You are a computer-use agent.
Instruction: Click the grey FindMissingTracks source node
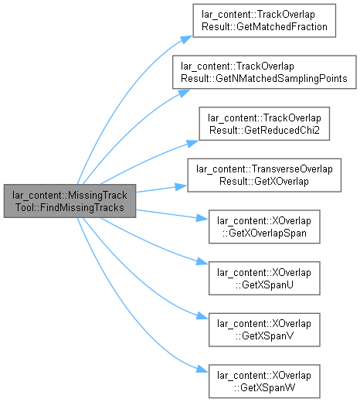point(70,201)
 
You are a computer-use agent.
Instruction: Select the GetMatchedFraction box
point(264,21)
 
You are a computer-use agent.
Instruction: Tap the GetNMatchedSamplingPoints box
point(264,72)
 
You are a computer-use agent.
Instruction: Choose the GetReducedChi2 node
point(264,124)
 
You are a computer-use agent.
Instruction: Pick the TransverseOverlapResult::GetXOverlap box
point(264,175)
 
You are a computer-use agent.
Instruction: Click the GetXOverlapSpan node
point(264,227)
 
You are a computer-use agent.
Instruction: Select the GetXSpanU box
point(264,278)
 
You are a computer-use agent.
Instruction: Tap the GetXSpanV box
point(264,330)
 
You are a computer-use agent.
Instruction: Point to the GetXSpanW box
point(264,381)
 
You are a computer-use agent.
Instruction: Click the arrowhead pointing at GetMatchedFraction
point(186,39)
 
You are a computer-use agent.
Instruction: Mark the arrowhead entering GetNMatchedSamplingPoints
point(184,93)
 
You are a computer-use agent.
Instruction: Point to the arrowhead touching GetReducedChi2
point(192,143)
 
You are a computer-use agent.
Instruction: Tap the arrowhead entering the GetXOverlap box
point(181,186)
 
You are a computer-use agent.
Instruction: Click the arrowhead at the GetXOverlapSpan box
point(202,219)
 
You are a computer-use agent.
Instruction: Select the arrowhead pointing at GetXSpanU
point(202,262)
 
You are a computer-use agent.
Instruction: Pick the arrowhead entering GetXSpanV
point(202,316)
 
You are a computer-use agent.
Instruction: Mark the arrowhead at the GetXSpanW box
point(202,370)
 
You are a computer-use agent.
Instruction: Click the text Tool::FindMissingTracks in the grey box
point(70,207)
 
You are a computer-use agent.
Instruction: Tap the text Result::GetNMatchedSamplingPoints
point(264,78)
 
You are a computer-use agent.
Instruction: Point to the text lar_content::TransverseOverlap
point(264,169)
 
